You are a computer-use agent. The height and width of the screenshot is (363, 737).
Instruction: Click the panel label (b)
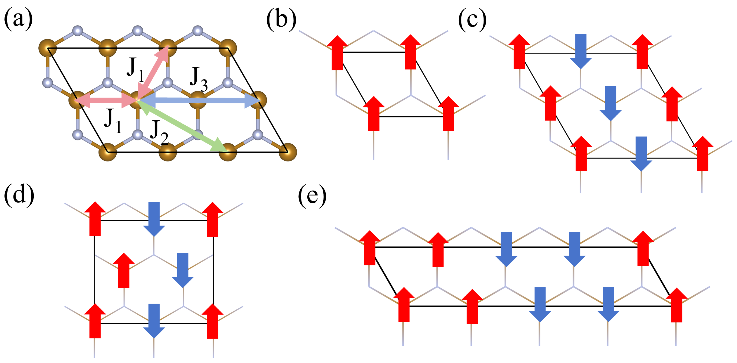click(281, 19)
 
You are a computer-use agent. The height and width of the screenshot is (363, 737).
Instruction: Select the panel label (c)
click(472, 19)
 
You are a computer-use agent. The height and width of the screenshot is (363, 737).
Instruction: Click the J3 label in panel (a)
click(199, 79)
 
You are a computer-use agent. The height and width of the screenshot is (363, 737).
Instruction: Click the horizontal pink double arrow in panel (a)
click(106, 100)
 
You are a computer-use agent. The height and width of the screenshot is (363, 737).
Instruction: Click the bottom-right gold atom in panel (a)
click(287, 152)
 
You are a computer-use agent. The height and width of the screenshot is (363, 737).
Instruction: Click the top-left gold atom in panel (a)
click(48, 48)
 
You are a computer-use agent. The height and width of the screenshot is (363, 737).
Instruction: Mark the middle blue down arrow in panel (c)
click(611, 103)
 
